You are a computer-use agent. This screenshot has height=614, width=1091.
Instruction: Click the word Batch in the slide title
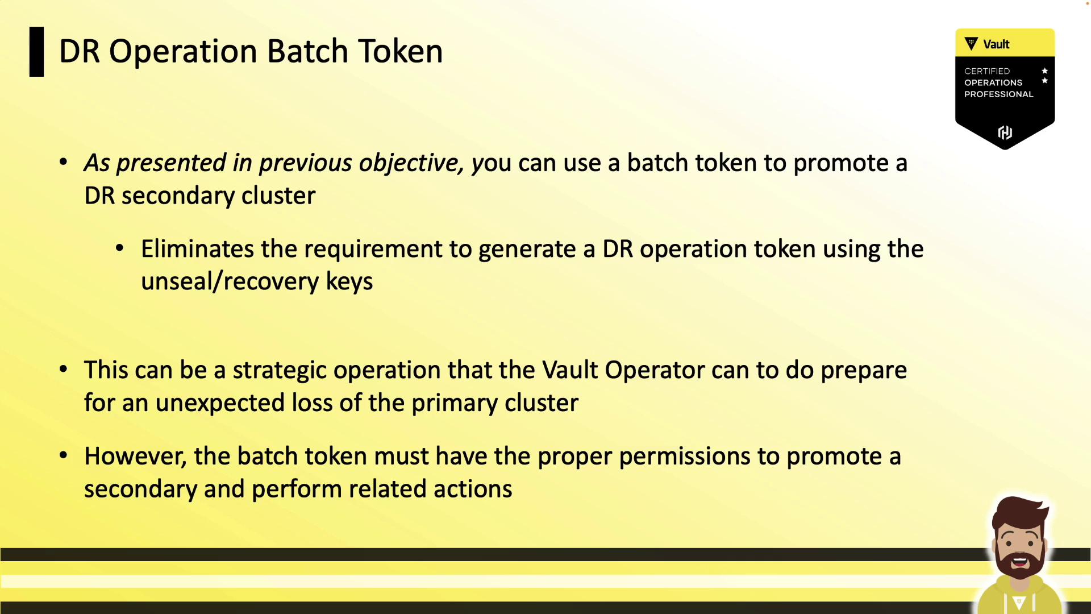click(307, 51)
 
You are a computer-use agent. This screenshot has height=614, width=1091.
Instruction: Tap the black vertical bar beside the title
click(36, 52)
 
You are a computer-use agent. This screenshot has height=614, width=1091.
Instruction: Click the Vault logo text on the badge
click(996, 44)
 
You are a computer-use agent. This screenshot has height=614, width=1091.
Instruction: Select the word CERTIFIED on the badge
click(987, 71)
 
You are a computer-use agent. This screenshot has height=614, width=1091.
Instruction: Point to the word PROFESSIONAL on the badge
click(998, 94)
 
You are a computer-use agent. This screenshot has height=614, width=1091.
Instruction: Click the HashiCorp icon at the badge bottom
click(1005, 132)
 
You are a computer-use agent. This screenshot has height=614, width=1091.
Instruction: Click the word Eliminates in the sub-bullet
click(198, 249)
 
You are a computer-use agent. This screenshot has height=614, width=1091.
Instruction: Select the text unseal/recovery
click(230, 281)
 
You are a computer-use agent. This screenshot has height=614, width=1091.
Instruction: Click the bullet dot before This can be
click(64, 370)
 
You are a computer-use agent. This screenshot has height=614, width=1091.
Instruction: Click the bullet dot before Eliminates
click(120, 248)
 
